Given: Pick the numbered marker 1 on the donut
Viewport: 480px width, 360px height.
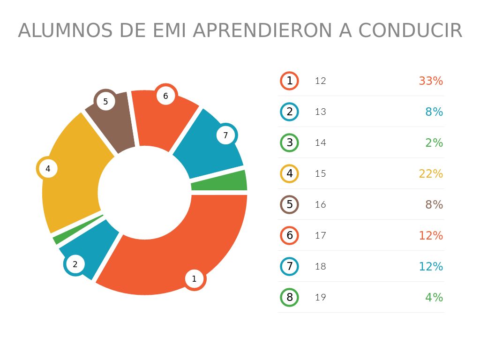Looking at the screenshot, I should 194,279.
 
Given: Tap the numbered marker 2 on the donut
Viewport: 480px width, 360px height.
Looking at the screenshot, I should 75,264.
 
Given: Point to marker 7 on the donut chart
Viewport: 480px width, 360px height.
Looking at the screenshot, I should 225,135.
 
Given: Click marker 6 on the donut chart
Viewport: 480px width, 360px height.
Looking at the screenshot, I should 165,96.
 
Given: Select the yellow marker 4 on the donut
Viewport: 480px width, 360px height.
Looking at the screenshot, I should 48,168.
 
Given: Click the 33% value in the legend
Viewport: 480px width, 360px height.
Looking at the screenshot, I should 431,81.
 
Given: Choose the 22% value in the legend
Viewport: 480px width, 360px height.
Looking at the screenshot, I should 431,174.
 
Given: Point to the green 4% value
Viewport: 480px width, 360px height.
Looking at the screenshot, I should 434,298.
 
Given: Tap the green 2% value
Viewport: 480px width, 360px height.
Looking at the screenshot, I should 434,143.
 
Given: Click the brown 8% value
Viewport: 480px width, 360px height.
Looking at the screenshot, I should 434,205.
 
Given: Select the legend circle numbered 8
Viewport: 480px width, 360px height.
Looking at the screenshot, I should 290,297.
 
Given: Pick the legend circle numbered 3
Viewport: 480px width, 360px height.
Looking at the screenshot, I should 290,142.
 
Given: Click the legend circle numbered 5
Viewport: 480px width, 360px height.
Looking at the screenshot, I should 290,204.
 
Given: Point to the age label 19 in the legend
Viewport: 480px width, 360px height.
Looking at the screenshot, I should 321,297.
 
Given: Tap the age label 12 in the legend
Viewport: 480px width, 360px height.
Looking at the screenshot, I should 321,81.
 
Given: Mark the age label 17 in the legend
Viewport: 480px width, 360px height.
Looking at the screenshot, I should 321,235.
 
